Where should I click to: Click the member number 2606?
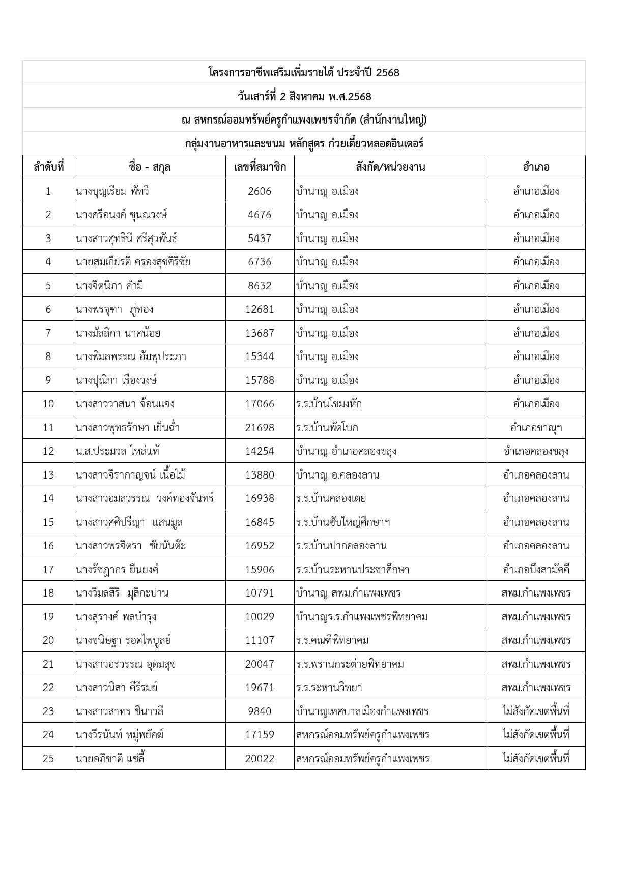pos(260,191)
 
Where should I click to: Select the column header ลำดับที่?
pos(48,167)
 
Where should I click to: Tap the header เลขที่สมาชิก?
pos(260,167)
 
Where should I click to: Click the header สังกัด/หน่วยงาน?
pos(390,167)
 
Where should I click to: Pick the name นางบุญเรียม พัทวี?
pos(112,191)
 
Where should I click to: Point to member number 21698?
pos(260,428)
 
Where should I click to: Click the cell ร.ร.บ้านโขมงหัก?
pos(329,404)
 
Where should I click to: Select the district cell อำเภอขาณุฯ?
pos(536,428)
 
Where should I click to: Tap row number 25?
pos(48,759)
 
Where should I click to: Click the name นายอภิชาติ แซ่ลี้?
pos(110,759)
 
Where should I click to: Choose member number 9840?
pos(260,711)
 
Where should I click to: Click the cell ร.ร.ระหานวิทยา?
pos(329,688)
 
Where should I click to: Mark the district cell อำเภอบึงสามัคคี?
pos(536,570)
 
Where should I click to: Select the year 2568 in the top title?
pos(388,73)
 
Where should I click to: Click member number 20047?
pos(260,664)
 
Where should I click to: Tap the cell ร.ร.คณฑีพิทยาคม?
pos(332,640)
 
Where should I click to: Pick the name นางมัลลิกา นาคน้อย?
pos(118,333)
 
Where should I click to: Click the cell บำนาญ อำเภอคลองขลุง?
pos(346,451)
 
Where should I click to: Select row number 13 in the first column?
pos(48,475)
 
